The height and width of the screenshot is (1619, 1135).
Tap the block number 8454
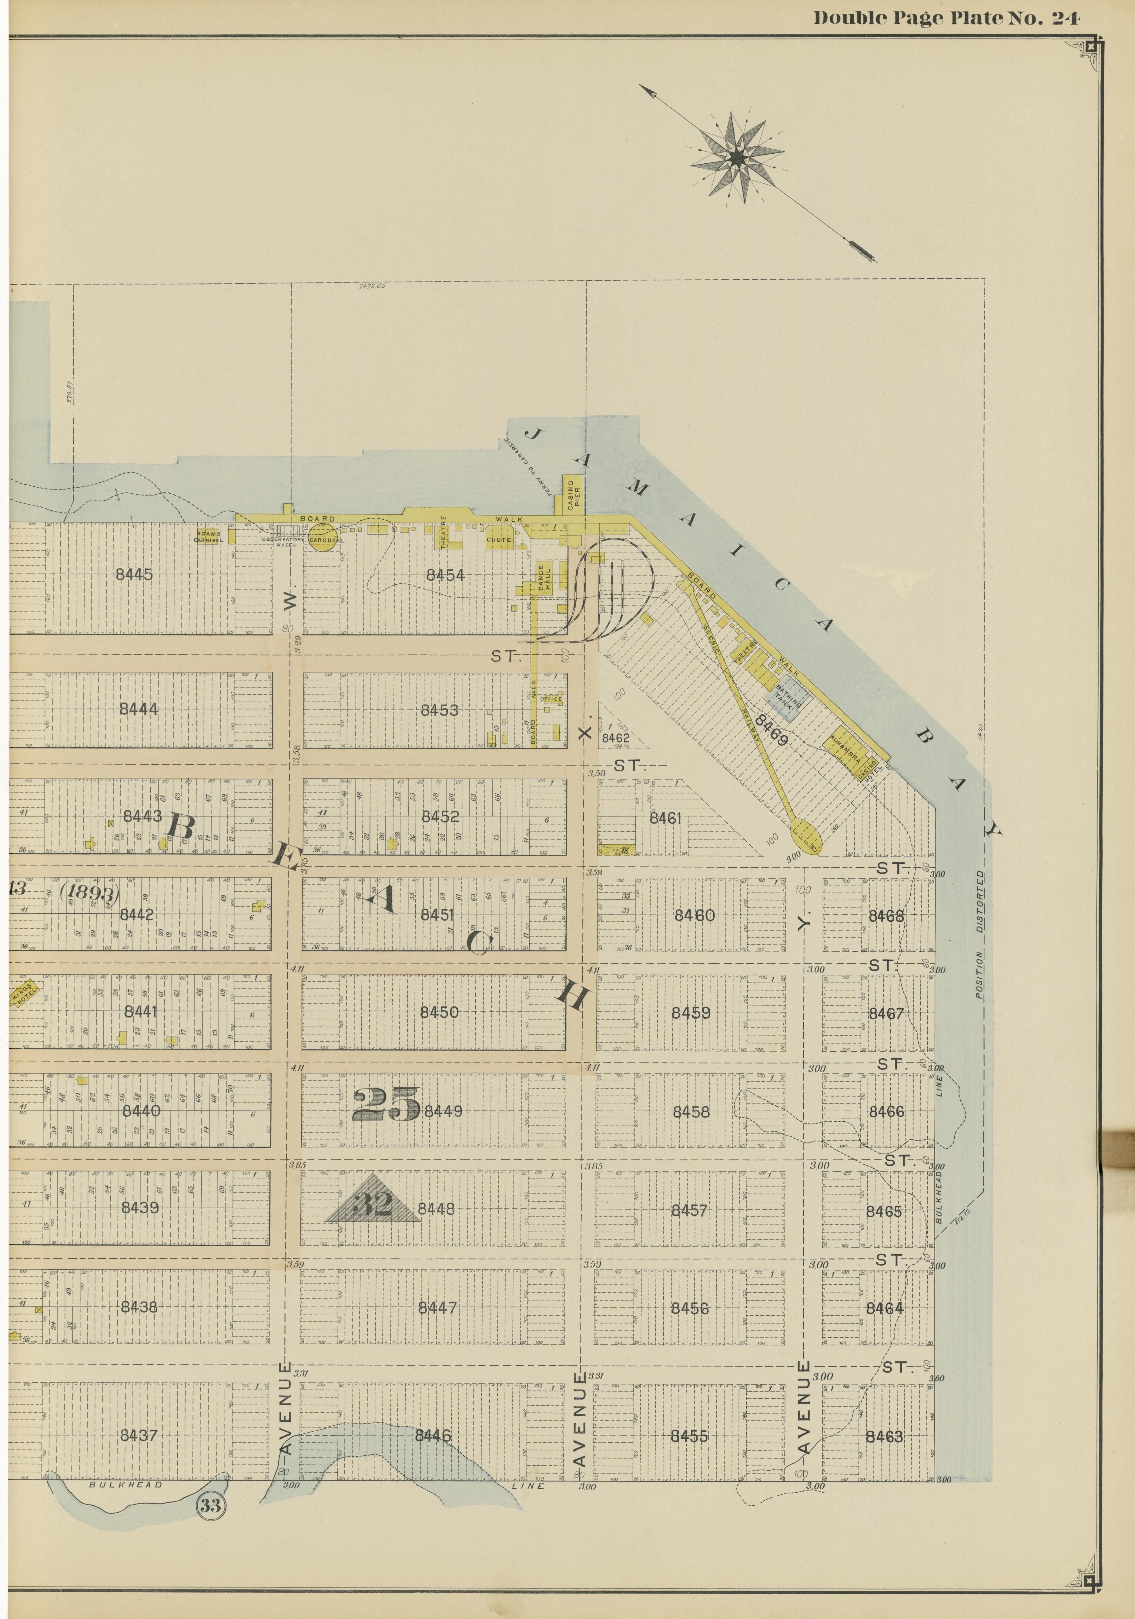point(445,575)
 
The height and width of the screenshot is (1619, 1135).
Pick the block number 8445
point(134,574)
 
